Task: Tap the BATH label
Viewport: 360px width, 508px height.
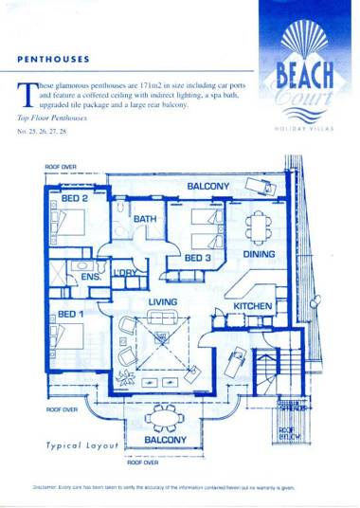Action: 145,220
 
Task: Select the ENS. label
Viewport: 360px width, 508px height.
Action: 91,279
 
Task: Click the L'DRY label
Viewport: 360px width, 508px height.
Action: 125,274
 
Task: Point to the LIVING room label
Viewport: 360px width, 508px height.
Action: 165,302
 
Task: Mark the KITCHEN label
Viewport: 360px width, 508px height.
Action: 254,307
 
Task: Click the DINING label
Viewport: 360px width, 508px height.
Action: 259,255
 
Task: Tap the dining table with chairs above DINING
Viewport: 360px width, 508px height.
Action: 259,226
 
